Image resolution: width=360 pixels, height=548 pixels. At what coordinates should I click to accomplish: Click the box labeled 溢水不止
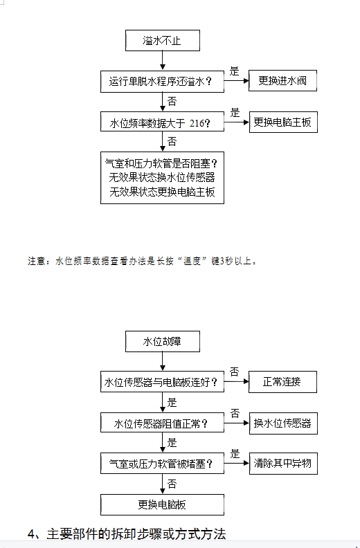[163, 41]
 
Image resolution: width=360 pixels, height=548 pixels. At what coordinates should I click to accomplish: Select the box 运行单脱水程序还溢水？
[162, 82]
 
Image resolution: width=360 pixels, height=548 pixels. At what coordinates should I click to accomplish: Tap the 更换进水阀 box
[282, 81]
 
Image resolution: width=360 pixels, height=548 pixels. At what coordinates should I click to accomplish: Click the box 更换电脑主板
[283, 122]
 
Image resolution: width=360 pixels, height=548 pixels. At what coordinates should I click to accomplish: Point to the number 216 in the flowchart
[197, 123]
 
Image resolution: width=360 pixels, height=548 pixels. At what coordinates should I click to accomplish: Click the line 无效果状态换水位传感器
[162, 178]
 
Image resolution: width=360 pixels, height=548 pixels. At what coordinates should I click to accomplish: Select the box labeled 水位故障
[163, 341]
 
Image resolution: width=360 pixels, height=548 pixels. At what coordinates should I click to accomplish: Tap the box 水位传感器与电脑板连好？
[162, 382]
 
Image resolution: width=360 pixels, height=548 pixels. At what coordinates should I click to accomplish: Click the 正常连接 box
[282, 382]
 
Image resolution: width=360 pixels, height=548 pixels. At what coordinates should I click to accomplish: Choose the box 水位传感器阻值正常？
[162, 423]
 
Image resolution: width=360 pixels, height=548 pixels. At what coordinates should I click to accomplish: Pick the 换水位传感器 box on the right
[283, 423]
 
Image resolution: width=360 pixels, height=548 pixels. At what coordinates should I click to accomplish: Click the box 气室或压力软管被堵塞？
[162, 464]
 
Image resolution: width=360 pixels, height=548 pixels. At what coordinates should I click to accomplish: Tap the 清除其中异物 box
[283, 464]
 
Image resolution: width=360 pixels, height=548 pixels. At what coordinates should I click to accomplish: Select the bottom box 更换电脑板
[162, 504]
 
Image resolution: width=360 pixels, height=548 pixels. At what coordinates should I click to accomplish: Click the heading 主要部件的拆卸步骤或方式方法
[136, 534]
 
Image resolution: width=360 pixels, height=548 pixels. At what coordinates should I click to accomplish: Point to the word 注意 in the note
[36, 261]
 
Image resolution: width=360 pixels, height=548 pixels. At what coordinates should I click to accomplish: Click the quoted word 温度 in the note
[192, 261]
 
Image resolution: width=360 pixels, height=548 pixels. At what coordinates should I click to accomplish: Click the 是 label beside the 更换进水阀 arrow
[234, 71]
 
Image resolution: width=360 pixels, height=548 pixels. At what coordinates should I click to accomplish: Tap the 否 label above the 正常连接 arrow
[235, 372]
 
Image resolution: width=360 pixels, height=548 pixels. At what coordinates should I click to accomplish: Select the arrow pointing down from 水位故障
[162, 361]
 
